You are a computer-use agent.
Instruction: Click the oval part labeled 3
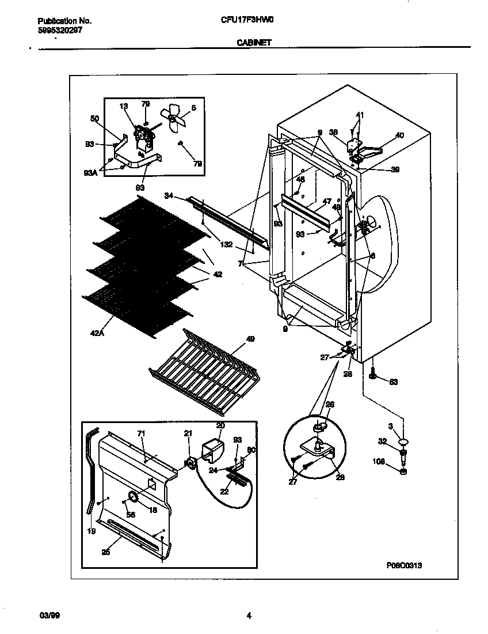coord(403,442)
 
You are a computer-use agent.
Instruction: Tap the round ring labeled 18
coord(133,497)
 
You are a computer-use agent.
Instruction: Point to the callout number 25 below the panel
coord(105,552)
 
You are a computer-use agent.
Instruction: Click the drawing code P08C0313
coord(404,565)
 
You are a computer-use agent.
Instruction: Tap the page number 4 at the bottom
coord(249,616)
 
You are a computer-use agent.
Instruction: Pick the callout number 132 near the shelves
coord(226,244)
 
